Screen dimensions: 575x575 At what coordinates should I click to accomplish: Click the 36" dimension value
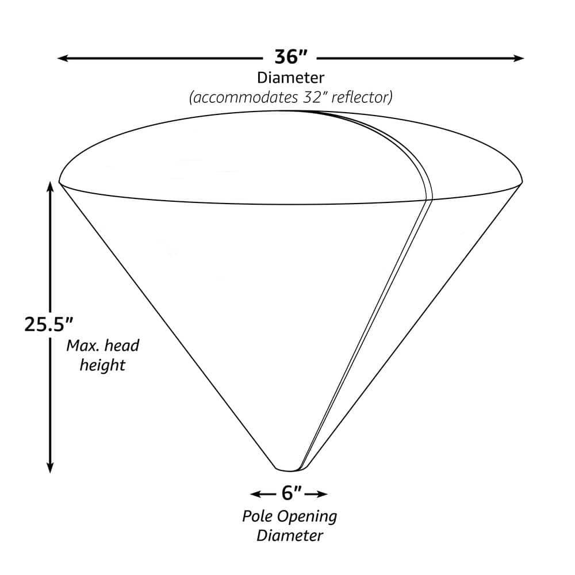tap(291, 57)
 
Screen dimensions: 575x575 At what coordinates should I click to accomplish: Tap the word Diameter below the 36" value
tap(291, 77)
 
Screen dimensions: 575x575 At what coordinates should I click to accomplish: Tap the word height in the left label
tap(102, 365)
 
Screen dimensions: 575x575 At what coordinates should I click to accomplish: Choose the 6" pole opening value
tap(292, 493)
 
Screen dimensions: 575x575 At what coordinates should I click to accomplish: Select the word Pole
tap(256, 516)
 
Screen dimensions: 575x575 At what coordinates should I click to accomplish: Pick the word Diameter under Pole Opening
tap(290, 536)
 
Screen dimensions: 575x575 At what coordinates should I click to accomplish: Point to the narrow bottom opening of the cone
tap(289, 466)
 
